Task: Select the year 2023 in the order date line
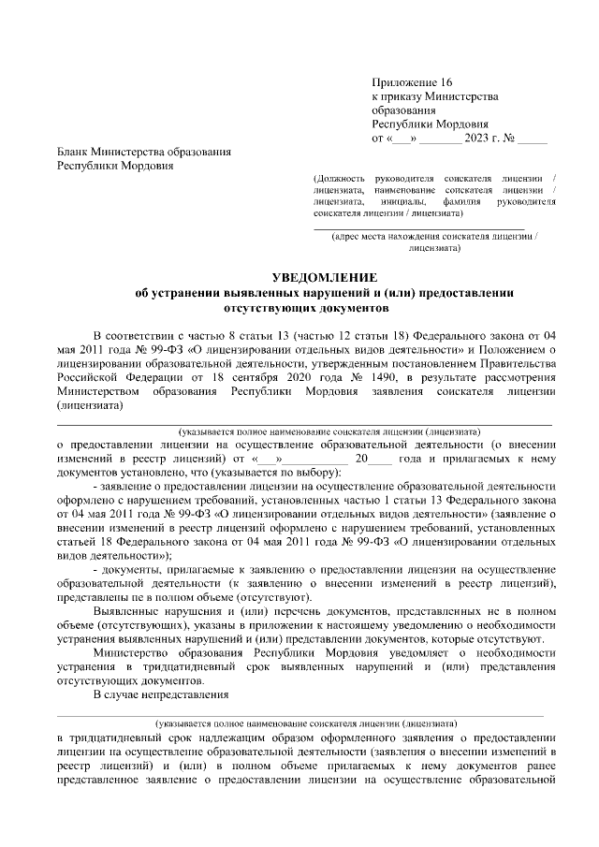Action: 475,139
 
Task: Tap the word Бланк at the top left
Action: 73,152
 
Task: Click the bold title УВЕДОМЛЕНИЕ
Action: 324,278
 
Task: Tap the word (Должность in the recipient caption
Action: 343,177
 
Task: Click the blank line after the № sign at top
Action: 533,139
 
